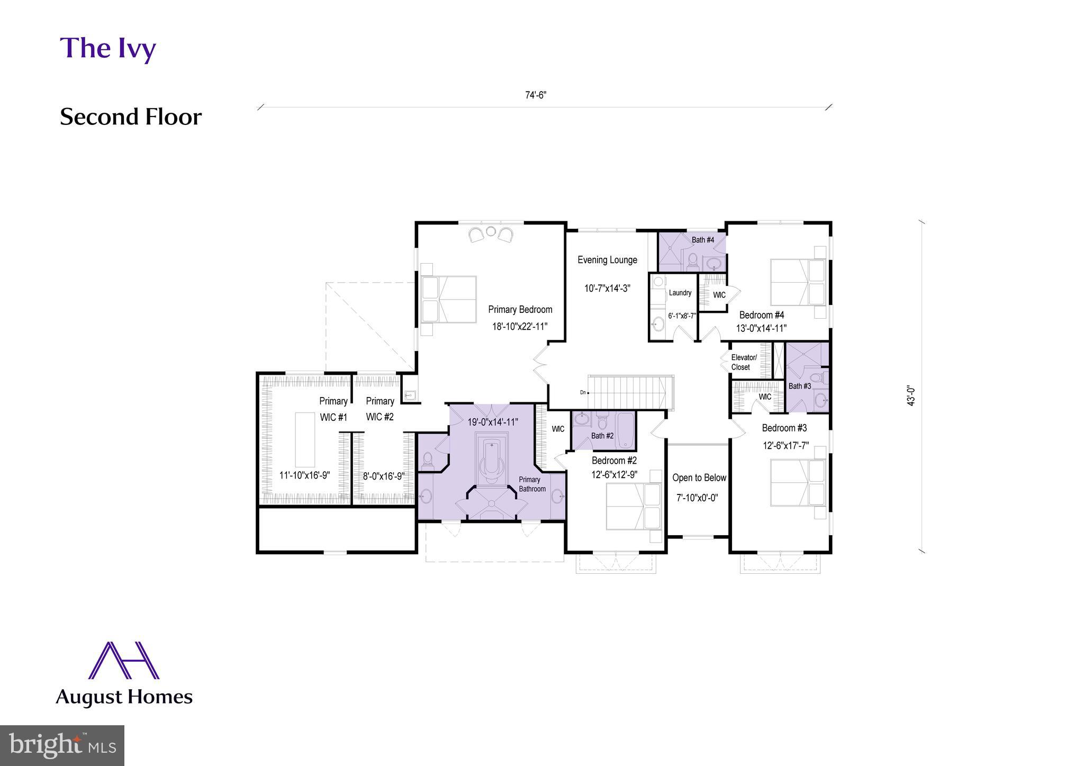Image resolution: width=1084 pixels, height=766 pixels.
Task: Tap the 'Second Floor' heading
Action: pyautogui.click(x=130, y=117)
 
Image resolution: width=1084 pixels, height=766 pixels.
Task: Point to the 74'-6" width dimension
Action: pyautogui.click(x=535, y=95)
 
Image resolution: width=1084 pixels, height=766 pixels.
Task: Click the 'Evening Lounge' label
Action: pyautogui.click(x=607, y=260)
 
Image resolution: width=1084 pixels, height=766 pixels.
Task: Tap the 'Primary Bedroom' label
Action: pyautogui.click(x=520, y=310)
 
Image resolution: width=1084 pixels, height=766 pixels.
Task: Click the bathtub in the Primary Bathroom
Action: pyautogui.click(x=492, y=458)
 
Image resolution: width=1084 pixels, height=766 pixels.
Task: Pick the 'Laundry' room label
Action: pyautogui.click(x=680, y=293)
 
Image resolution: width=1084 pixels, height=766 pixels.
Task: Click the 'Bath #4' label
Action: pyautogui.click(x=702, y=240)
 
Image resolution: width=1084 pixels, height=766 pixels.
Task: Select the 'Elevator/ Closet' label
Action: pyautogui.click(x=743, y=362)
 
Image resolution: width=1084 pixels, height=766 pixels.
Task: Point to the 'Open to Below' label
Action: pyautogui.click(x=699, y=478)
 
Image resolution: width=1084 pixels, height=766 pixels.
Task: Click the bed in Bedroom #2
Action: pyautogui.click(x=633, y=506)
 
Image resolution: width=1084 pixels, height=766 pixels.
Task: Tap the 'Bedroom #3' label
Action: pyautogui.click(x=784, y=428)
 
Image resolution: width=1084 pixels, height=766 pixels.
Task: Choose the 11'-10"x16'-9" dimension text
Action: pyautogui.click(x=304, y=475)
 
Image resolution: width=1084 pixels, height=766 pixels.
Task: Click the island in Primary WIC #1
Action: pyautogui.click(x=305, y=439)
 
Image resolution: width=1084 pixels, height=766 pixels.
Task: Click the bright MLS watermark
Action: pyautogui.click(x=62, y=745)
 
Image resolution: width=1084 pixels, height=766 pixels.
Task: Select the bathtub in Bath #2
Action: pyautogui.click(x=625, y=430)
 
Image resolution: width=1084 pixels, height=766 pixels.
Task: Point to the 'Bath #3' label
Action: pyautogui.click(x=799, y=386)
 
